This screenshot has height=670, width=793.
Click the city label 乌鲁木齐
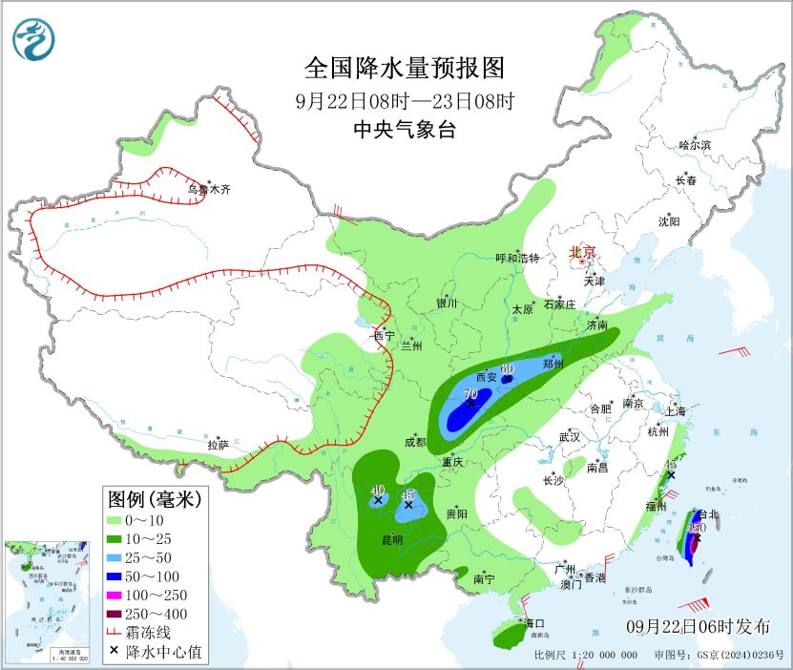click(208, 190)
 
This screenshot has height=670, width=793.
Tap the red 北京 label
click(582, 253)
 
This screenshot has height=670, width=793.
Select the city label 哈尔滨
click(694, 145)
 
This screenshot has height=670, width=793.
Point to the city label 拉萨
click(219, 445)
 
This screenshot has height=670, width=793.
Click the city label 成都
click(414, 442)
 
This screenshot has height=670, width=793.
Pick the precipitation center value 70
click(470, 392)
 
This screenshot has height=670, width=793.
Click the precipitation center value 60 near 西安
click(507, 368)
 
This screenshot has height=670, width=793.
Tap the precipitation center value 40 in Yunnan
click(377, 489)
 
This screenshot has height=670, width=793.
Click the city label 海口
click(533, 623)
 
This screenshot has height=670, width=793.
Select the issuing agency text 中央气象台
click(404, 131)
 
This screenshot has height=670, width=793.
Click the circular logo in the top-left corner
click(34, 38)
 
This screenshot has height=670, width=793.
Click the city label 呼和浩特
click(518, 258)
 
